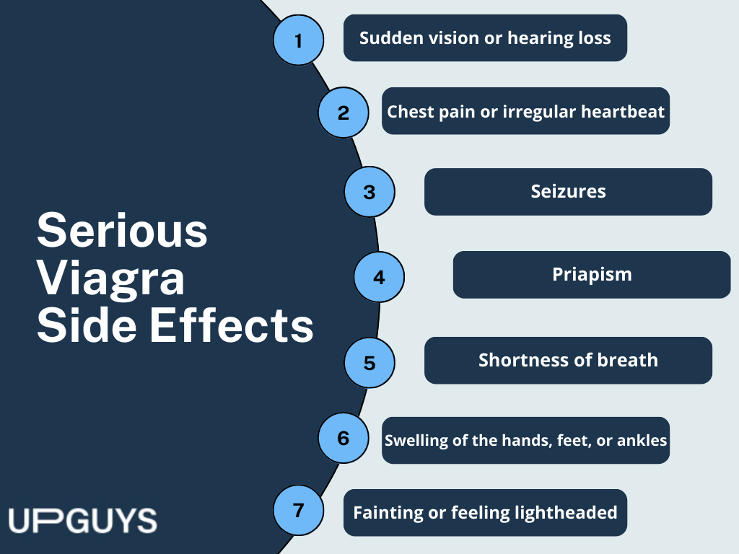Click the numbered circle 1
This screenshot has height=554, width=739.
(298, 40)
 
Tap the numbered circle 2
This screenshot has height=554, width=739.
(343, 113)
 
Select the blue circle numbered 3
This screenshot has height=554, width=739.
(369, 192)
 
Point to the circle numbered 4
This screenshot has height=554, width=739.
(379, 277)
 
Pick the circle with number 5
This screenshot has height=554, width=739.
(369, 363)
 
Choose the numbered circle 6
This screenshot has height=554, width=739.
(343, 438)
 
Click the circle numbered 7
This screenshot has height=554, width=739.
(298, 510)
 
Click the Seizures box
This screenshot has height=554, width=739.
(568, 192)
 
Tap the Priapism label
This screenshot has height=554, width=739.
(592, 275)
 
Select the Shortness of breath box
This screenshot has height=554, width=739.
(568, 361)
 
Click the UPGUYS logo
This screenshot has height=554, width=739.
(82, 521)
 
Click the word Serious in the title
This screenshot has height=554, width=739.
(122, 231)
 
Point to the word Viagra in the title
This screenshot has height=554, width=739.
(110, 279)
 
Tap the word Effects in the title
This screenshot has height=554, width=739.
(232, 326)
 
